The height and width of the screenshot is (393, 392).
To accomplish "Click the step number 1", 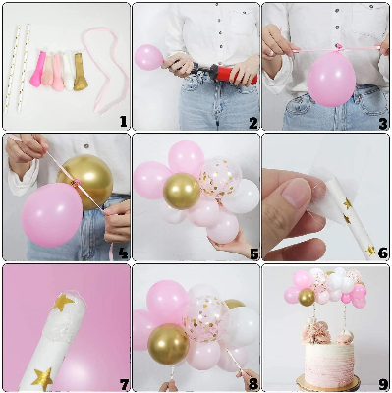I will pyautogui.click(x=123, y=122).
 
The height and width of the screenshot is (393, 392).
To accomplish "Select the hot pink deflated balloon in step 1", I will pyautogui.click(x=38, y=70).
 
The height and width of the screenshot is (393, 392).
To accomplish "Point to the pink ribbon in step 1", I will pyautogui.click(x=104, y=49).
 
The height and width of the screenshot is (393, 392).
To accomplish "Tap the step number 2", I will pyautogui.click(x=252, y=122).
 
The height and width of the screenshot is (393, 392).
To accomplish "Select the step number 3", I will pyautogui.click(x=382, y=122).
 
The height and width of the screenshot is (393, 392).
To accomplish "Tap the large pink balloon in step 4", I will pyautogui.click(x=51, y=214).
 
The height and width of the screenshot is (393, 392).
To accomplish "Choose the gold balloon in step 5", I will pyautogui.click(x=181, y=190).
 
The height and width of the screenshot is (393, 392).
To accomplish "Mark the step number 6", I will pyautogui.click(x=382, y=252).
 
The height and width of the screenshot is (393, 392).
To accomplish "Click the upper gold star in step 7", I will pyautogui.click(x=65, y=301).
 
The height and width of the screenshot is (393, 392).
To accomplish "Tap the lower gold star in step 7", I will pyautogui.click(x=42, y=376).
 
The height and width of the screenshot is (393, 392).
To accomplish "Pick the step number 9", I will pyautogui.click(x=382, y=382).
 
